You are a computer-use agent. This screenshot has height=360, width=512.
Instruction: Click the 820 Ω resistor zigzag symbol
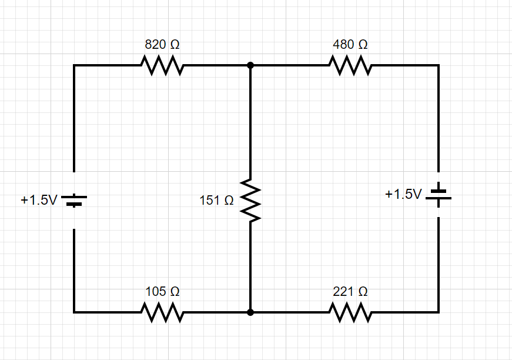coord(162,65)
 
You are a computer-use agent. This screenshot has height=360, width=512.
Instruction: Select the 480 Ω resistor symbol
coord(350,65)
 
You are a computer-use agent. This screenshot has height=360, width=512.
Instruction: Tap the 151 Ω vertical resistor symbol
coord(250,201)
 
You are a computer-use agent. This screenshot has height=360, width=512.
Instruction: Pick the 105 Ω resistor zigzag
coord(162,312)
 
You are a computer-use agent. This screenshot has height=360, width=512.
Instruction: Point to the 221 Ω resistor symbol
coord(350,312)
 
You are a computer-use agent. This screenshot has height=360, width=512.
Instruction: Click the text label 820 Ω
coord(162,44)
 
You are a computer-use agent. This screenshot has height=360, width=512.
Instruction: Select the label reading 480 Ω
coord(350,44)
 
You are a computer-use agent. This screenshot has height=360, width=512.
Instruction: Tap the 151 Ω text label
coord(216,201)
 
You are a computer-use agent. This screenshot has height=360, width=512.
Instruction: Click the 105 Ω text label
coord(162,291)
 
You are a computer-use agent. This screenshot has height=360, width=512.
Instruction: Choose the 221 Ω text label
coord(350,291)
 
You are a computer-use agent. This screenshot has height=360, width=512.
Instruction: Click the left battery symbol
coord(74,201)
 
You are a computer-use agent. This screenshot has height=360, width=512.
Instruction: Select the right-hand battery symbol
coord(439,195)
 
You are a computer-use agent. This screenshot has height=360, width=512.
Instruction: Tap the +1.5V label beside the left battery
coord(39,200)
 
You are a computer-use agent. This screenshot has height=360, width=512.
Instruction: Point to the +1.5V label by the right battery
coord(403,194)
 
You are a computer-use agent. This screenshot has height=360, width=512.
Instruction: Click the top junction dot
coord(250,65)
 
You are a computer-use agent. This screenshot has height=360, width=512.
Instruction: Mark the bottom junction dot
coord(250,312)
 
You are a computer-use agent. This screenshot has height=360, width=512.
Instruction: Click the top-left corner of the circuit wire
coord(74,65)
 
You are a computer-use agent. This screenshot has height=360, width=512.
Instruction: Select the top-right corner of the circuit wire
coord(439,65)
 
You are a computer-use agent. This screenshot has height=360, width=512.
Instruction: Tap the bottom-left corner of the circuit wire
coord(74,312)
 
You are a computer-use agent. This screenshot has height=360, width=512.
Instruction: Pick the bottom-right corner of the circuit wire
coord(439,312)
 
